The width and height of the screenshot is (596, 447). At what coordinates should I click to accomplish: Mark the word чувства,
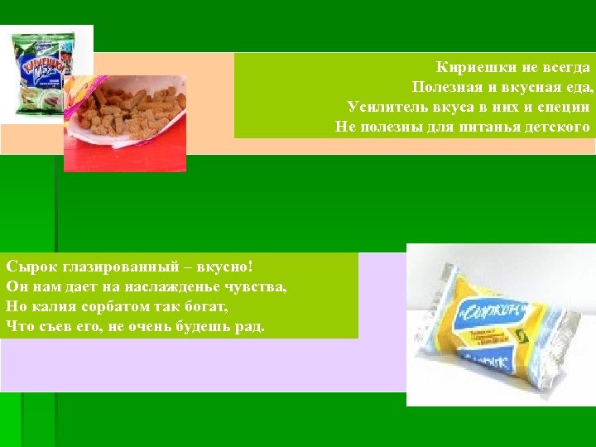tap(258, 287)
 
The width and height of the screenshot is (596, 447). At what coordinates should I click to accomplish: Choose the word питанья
tap(489, 127)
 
